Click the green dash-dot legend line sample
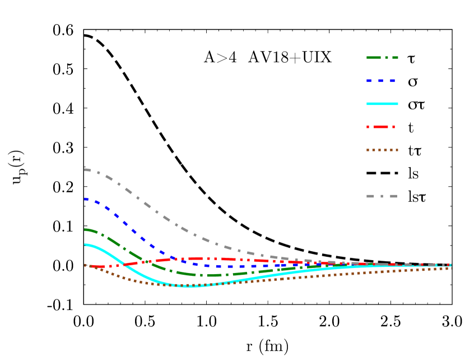382,58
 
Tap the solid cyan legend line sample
382,104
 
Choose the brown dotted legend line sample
382,150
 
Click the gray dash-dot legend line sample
382,196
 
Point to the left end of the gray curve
85,169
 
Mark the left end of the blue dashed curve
85,199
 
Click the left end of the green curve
85,229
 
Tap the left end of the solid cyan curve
85,244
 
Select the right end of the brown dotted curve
450,268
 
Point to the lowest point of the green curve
210,275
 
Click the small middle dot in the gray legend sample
382,196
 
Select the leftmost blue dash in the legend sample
369,81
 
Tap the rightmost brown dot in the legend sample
397,150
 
